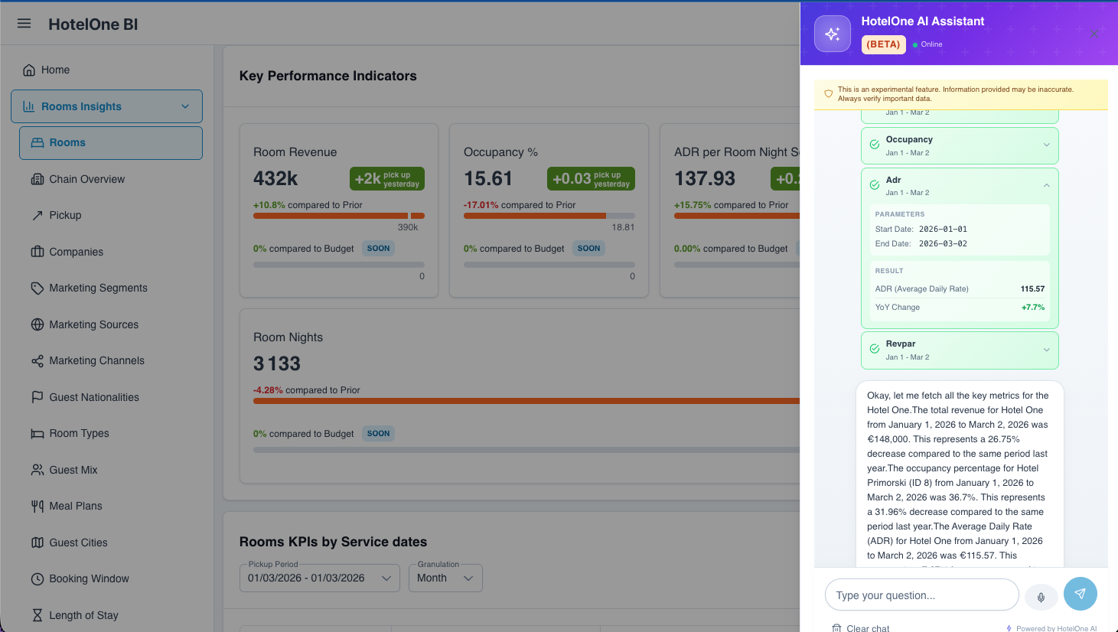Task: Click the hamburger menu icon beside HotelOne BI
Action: tap(24, 24)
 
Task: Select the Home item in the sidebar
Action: tap(55, 70)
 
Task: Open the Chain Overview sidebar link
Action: tap(86, 179)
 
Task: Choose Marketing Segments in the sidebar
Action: tap(98, 288)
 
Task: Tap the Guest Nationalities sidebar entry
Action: tap(94, 397)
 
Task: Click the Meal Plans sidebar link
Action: tap(75, 506)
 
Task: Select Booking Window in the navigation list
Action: tap(89, 578)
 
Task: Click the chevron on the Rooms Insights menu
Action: tap(185, 106)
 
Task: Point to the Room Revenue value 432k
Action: tap(275, 178)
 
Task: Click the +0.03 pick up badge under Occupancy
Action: tap(591, 178)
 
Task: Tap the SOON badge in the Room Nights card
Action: tap(378, 433)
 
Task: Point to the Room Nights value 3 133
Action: tap(277, 363)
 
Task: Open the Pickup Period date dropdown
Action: tap(320, 578)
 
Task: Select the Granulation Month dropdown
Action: tap(445, 578)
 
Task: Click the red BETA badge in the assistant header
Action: tap(883, 44)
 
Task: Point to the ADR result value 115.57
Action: tap(1032, 288)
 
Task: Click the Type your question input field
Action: tap(921, 595)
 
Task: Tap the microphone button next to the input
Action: tap(1041, 596)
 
